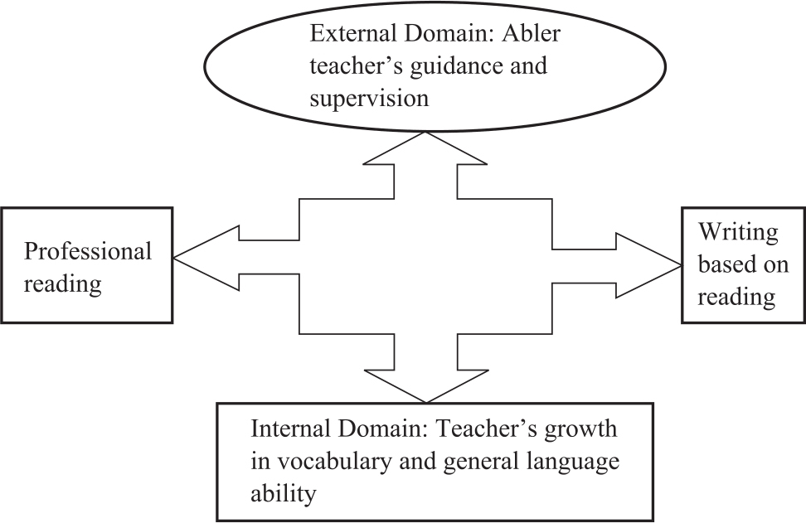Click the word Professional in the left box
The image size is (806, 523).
[x=88, y=250]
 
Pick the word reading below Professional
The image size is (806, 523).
[x=62, y=283]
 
